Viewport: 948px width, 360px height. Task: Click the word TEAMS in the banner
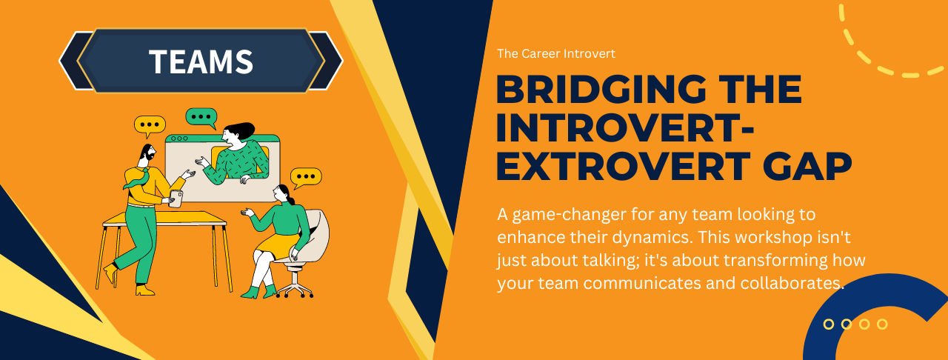201,61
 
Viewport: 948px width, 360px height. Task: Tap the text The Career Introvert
555,53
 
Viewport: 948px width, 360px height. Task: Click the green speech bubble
201,117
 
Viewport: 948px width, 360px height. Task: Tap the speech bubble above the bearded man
150,125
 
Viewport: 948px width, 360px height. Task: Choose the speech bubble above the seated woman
305,177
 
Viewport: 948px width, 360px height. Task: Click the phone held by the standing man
176,198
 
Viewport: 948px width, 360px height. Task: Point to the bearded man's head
147,153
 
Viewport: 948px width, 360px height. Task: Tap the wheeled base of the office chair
294,287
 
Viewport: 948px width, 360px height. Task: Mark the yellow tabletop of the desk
164,218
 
